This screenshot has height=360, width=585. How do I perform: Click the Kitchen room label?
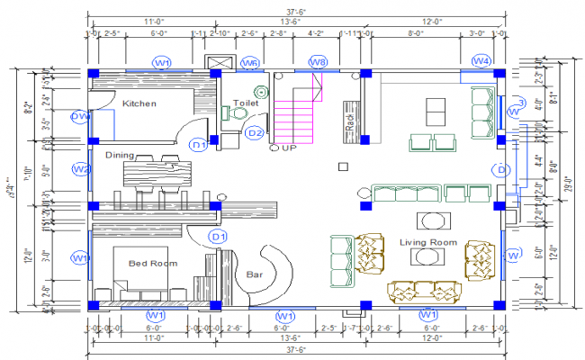[x=139, y=103]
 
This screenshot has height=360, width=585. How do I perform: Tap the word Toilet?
[x=246, y=103]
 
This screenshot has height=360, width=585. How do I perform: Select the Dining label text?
[x=120, y=155]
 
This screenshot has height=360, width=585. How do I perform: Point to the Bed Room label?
[x=152, y=263]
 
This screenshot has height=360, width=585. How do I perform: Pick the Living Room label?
[x=429, y=242]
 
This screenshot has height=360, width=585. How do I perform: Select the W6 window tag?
[x=250, y=62]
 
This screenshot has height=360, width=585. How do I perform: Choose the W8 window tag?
[x=318, y=62]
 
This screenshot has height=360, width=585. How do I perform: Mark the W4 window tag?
[x=481, y=61]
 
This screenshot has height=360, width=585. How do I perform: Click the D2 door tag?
[x=255, y=133]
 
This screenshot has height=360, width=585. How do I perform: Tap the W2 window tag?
[x=81, y=169]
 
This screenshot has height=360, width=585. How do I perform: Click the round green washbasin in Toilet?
[x=261, y=91]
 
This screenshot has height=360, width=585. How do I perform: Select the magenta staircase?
[x=297, y=108]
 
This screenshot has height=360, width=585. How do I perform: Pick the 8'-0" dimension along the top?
[x=416, y=32]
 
